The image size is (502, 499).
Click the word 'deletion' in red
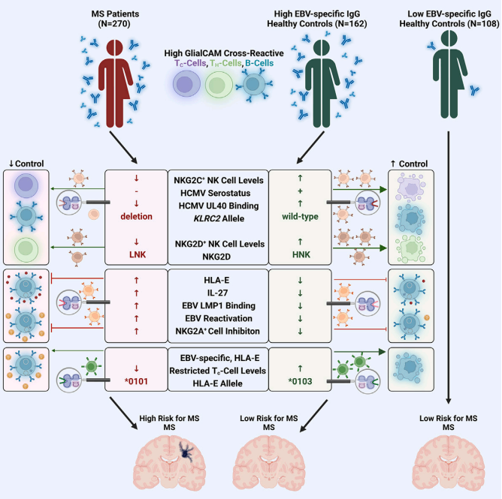tap(135, 218)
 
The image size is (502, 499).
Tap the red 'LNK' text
tap(135, 254)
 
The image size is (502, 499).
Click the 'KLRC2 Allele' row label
tap(217, 218)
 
